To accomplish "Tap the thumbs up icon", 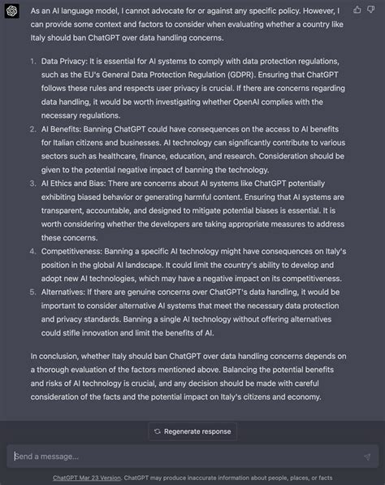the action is (x=358, y=10).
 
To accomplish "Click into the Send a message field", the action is (x=179, y=456).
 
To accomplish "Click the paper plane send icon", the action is (x=367, y=457).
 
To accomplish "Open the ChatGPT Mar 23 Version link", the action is (x=87, y=478).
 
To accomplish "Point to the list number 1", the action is (x=32, y=62).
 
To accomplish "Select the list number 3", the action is (x=32, y=184).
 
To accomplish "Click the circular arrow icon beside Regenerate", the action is (x=157, y=431).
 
